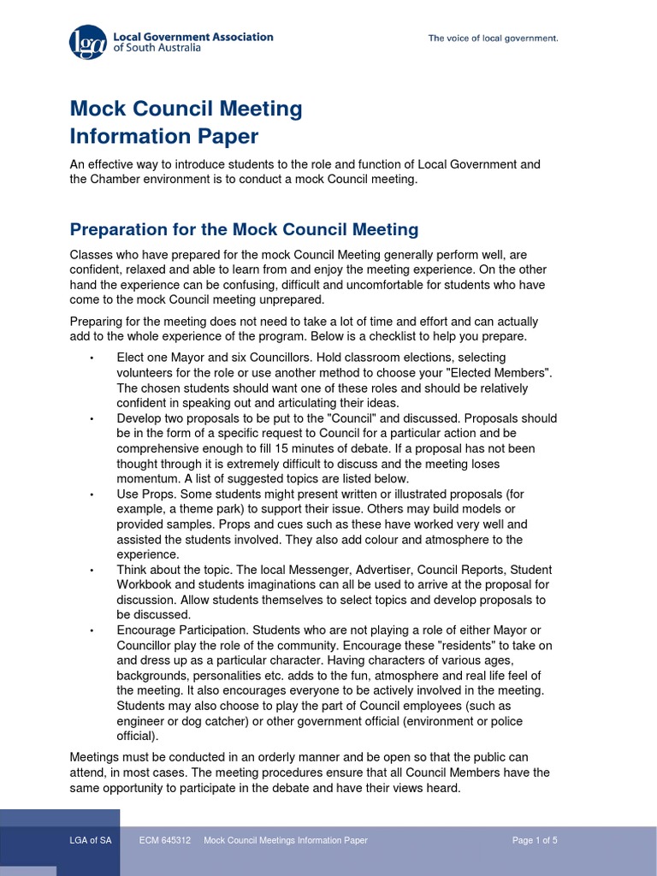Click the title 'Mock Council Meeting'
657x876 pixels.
(x=186, y=109)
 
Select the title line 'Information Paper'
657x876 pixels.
(x=163, y=137)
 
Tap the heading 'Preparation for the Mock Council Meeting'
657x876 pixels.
(x=244, y=229)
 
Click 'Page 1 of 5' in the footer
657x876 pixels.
(x=535, y=840)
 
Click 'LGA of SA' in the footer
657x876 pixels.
(x=91, y=840)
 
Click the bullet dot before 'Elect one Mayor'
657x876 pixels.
(x=91, y=358)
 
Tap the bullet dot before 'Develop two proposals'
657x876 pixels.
(x=91, y=419)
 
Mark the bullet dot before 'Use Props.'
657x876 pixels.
(x=91, y=494)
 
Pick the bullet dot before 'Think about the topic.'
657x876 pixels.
(x=91, y=571)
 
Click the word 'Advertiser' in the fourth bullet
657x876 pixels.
(x=364, y=570)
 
